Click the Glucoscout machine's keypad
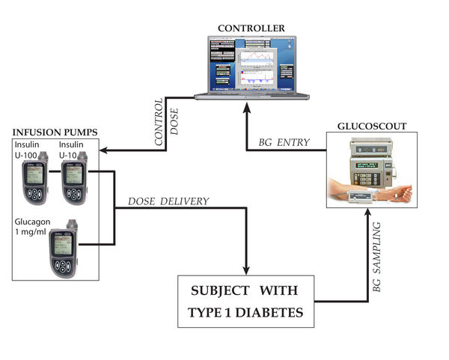pyautogui.click(x=363, y=177)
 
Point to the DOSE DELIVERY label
pyautogui.click(x=168, y=201)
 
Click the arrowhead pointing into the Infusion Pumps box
pyautogui.click(x=103, y=151)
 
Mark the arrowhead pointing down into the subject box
pyautogui.click(x=246, y=270)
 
